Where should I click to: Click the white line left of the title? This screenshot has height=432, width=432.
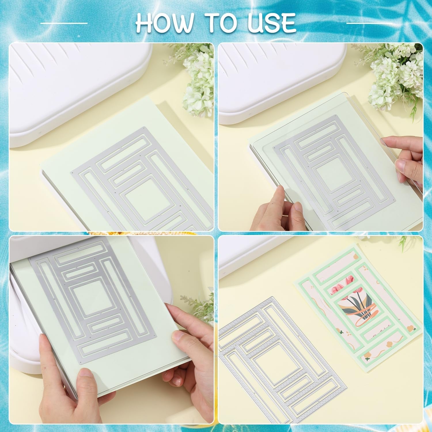64,23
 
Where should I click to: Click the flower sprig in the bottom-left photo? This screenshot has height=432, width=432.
199,307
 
